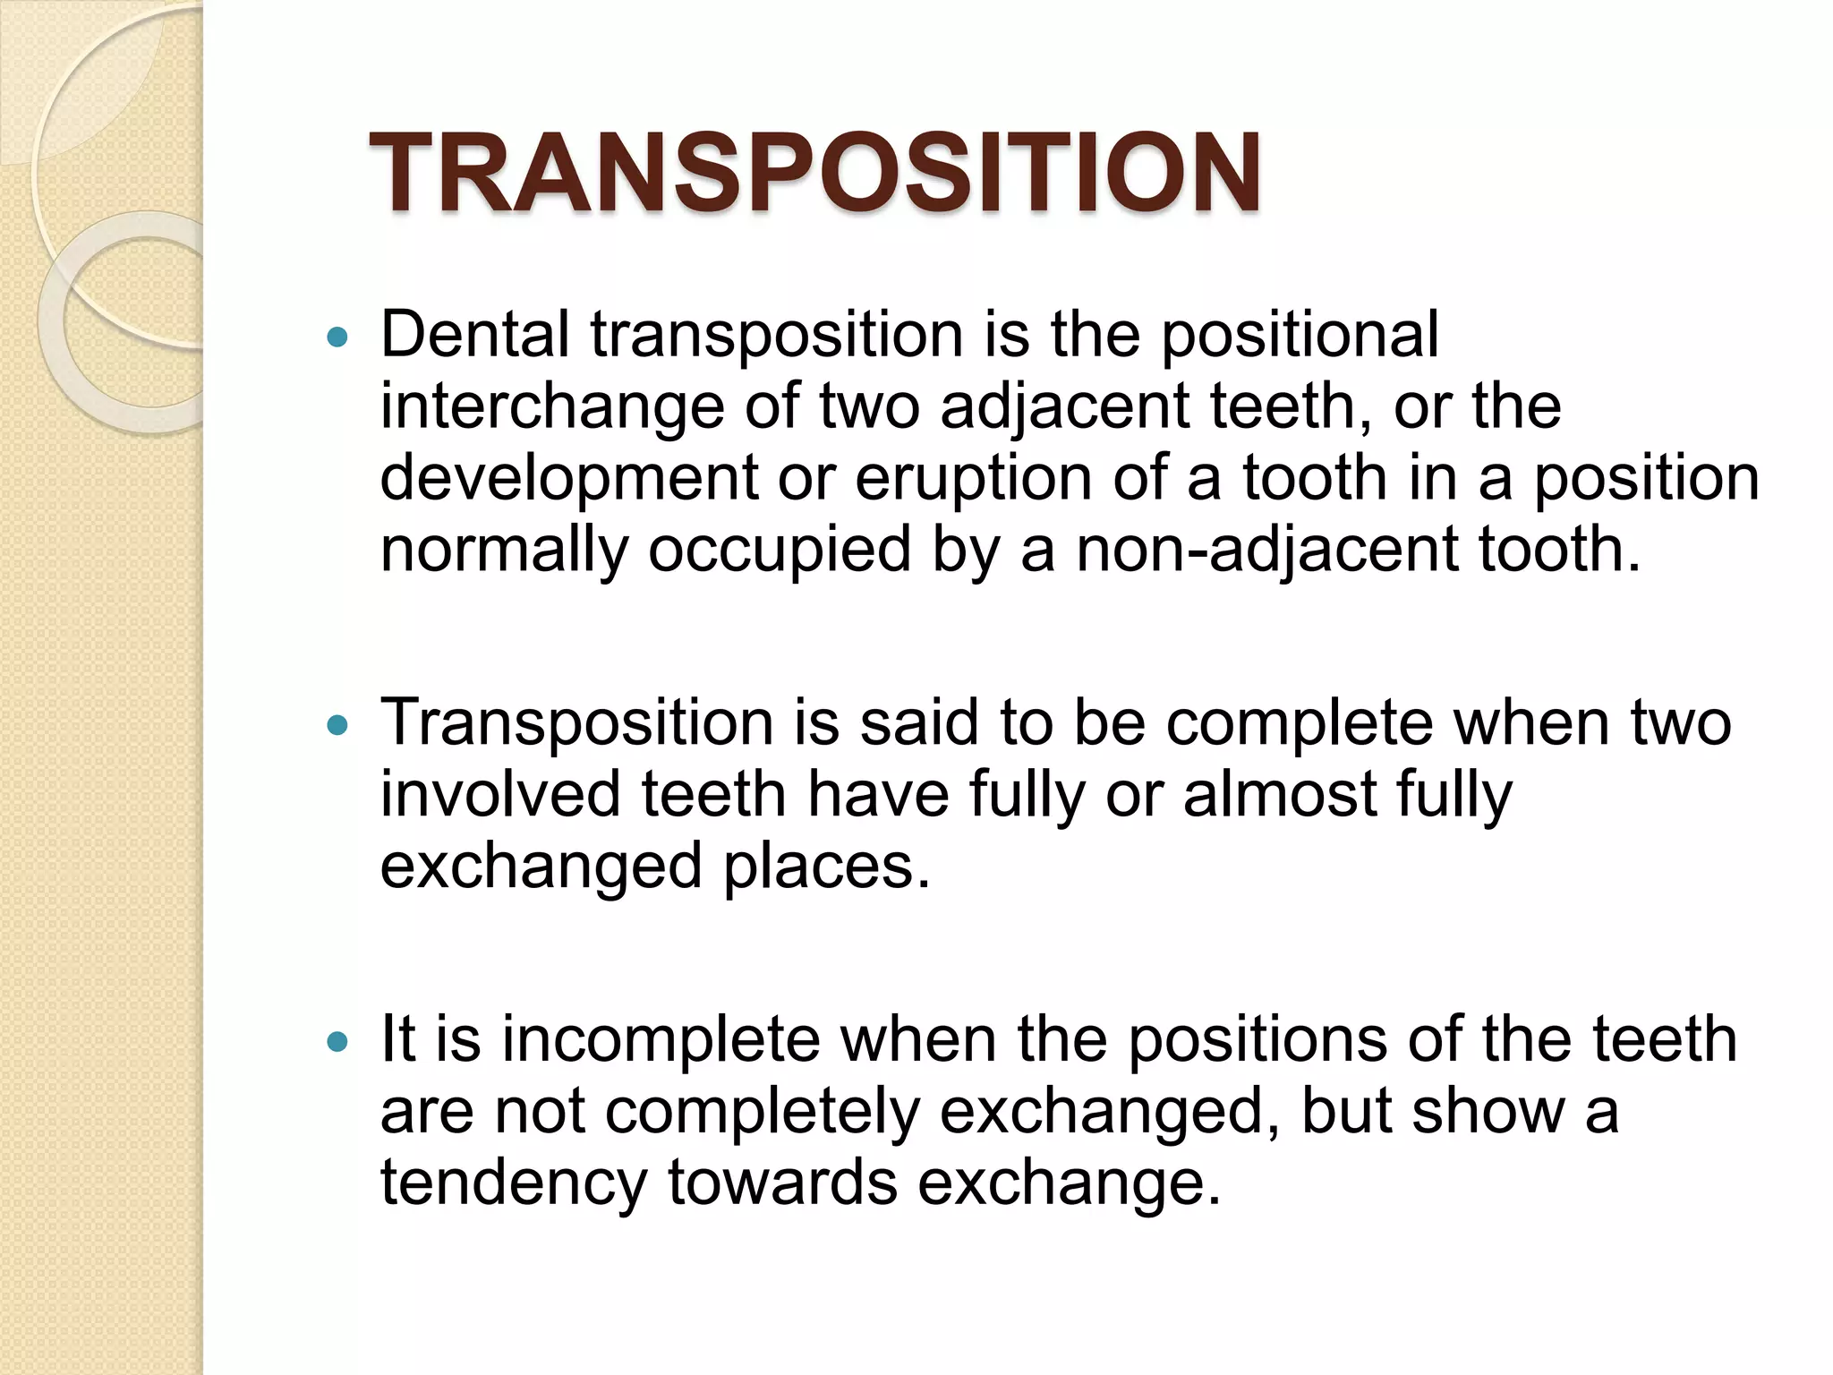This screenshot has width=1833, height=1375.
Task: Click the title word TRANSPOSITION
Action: pos(814,173)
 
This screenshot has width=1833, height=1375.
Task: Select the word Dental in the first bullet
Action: pos(474,334)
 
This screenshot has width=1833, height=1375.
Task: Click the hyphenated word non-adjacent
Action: pos(1267,550)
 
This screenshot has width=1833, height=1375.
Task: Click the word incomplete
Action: pos(661,1039)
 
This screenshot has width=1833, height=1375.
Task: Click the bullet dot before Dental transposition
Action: pos(337,337)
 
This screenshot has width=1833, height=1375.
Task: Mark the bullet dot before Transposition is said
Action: pos(337,725)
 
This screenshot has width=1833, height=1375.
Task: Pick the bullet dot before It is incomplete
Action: pos(337,1042)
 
